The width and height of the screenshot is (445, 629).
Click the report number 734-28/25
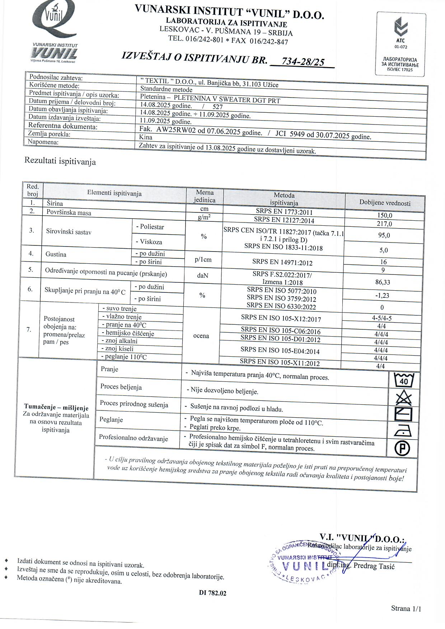[x=303, y=62]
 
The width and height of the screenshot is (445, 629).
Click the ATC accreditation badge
[x=401, y=44]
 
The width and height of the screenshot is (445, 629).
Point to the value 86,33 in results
[x=383, y=282]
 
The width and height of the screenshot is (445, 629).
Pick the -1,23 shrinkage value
[x=382, y=296]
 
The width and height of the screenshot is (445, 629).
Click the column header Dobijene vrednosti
[x=385, y=203]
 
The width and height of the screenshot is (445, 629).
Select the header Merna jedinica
[x=205, y=196]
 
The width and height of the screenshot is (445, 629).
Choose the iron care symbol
[x=403, y=431]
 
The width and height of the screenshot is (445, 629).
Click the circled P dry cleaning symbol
[x=402, y=449]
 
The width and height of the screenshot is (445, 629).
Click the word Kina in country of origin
[x=146, y=137]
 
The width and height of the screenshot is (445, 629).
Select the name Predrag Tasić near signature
[x=374, y=566]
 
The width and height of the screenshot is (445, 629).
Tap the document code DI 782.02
[x=213, y=593]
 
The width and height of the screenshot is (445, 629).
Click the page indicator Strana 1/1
[x=406, y=609]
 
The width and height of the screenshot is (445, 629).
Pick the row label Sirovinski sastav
[x=69, y=232]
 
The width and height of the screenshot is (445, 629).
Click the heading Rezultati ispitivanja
[x=60, y=161]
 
